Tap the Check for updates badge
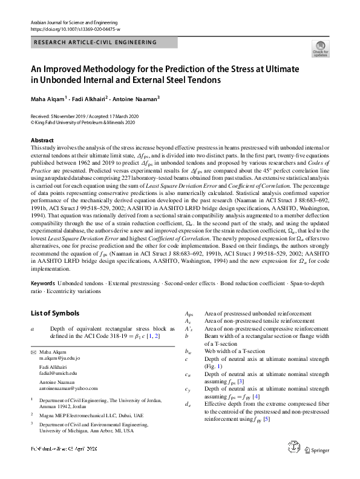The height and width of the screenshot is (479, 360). [x=321, y=48]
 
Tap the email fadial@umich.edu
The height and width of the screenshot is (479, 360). [x=59, y=375]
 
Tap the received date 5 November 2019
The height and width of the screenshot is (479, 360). [x=67, y=114]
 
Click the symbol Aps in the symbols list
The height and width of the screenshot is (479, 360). [x=189, y=314]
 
